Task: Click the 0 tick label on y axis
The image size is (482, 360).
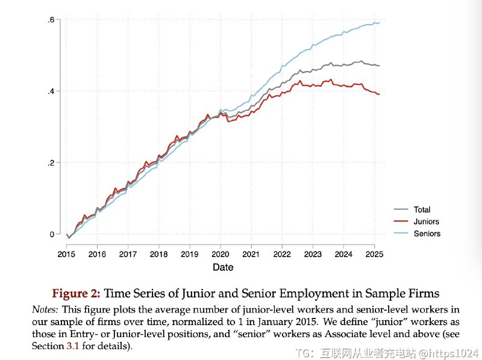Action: coord(52,234)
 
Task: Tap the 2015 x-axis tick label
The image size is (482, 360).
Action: coord(66,253)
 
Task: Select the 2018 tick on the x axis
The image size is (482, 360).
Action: coord(158,253)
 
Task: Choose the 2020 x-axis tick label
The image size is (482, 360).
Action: coord(221,253)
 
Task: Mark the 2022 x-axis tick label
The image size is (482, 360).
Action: coord(282,253)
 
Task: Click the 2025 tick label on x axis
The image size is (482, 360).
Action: coord(374,253)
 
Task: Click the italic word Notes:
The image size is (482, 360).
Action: coord(45,309)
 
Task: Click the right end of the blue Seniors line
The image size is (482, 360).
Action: coord(379,23)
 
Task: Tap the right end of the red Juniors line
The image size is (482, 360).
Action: coord(379,94)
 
